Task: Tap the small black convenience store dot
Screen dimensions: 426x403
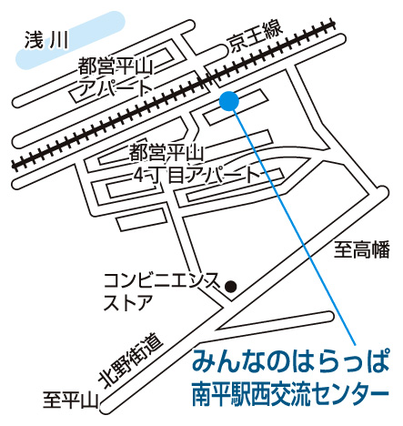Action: click(231, 287)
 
